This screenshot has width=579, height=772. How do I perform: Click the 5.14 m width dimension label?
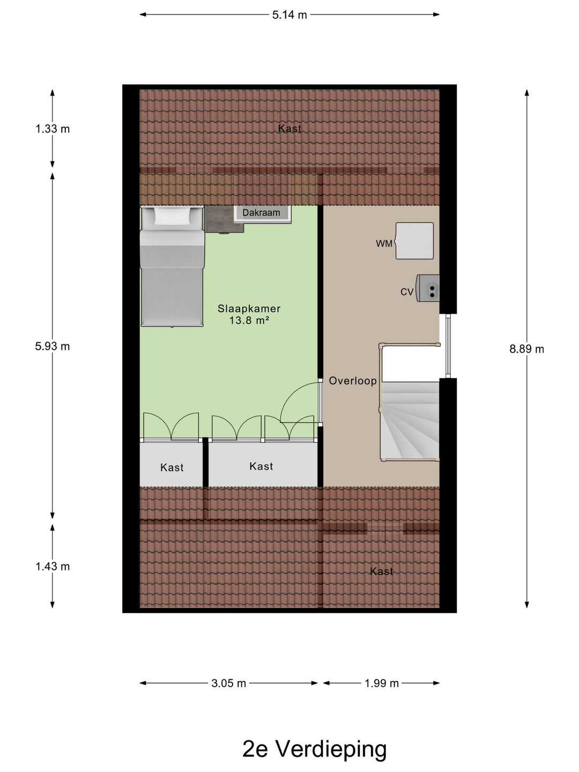tap(289, 15)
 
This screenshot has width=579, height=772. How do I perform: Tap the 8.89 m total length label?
tap(526, 349)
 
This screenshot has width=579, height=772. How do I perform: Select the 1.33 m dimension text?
tap(53, 129)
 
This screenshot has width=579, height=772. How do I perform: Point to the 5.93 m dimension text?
tap(53, 346)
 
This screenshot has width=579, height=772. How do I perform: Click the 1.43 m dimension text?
tap(53, 566)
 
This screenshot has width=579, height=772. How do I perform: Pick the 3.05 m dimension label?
tap(229, 683)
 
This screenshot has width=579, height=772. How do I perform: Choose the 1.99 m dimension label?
tap(382, 683)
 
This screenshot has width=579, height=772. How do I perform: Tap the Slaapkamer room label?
tap(249, 309)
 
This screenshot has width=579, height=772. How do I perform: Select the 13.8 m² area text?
tap(249, 321)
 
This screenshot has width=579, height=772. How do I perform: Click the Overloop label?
tap(353, 381)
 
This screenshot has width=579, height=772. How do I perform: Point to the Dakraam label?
tap(261, 213)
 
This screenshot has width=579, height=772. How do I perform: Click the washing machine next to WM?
tap(414, 241)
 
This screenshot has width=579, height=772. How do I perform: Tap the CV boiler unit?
tap(428, 288)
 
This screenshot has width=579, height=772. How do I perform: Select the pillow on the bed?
tap(172, 216)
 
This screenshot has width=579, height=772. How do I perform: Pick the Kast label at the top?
tap(289, 129)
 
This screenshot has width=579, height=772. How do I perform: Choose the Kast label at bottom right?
tap(381, 571)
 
